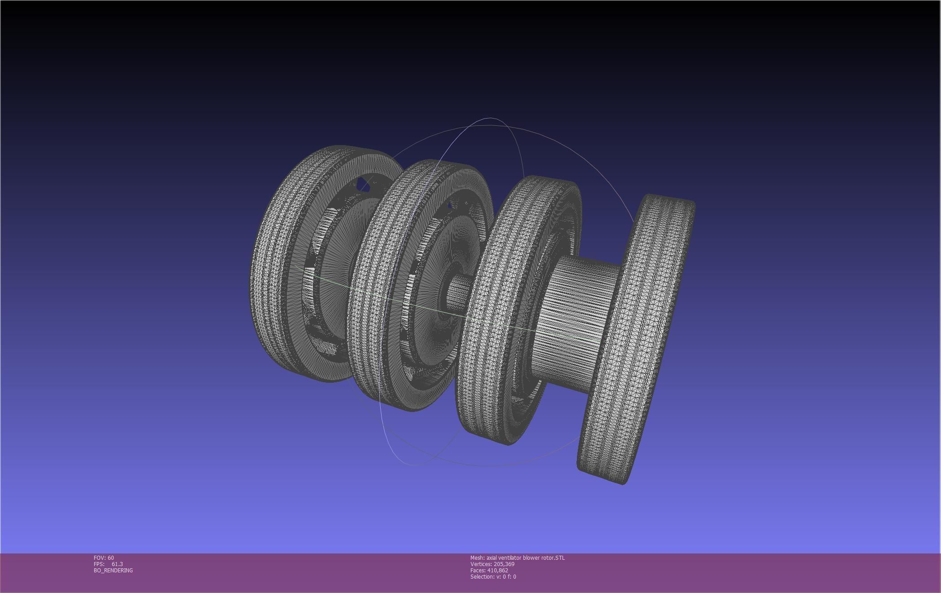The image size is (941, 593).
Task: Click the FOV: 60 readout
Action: tap(104, 558)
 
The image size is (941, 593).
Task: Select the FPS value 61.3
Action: tap(117, 564)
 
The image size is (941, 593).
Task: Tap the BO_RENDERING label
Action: tap(113, 570)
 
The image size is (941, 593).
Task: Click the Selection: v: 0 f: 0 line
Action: tap(493, 576)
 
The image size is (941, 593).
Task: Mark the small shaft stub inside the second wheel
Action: tap(458, 292)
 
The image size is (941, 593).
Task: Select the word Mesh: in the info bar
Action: tap(477, 558)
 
